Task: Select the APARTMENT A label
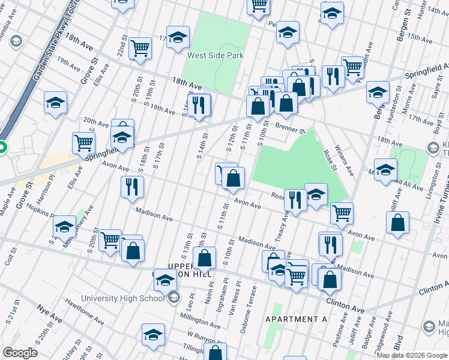(295, 319)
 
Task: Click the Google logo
(20, 353)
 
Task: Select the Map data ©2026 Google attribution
(412, 355)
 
